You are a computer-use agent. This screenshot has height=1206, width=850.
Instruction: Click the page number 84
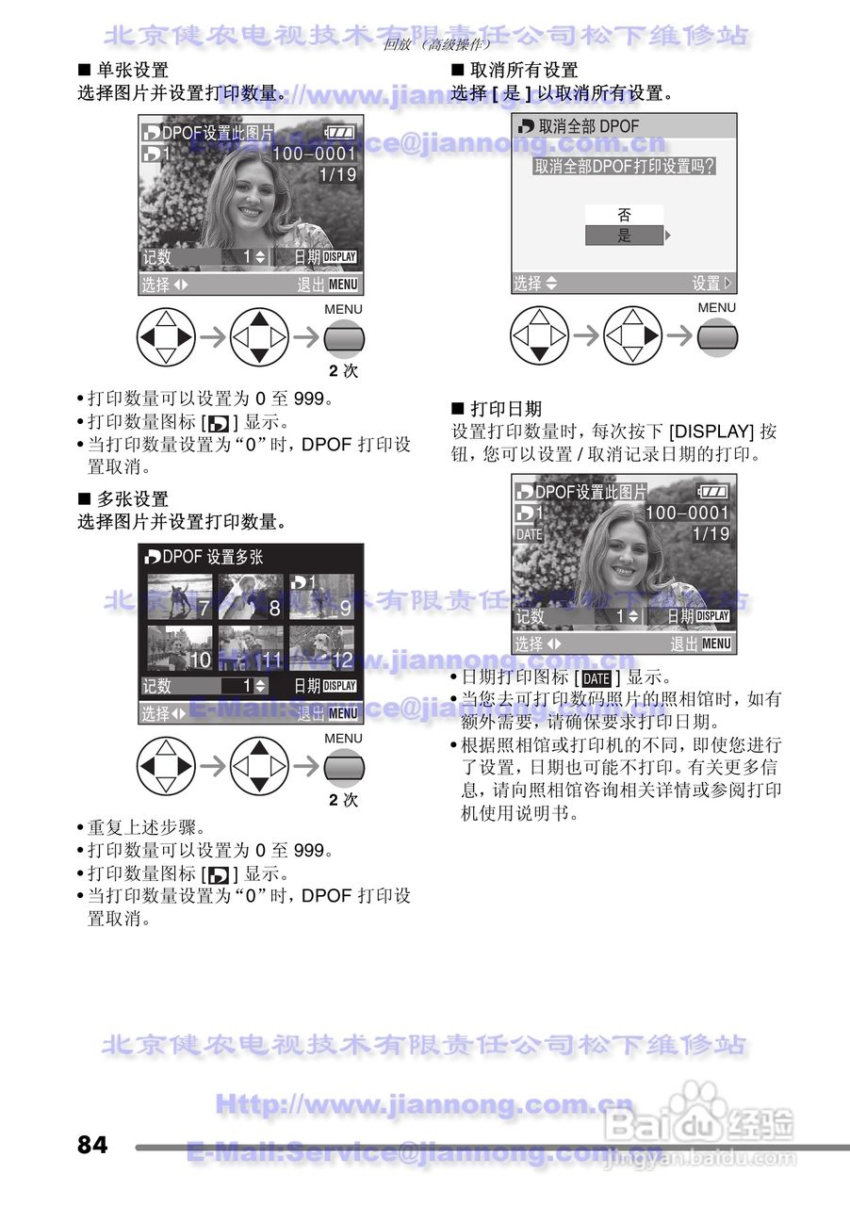92,1145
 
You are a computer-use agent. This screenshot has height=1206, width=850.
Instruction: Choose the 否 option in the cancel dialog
624,215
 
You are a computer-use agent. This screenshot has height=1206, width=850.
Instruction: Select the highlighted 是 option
624,236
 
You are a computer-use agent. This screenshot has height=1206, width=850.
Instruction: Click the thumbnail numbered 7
180,596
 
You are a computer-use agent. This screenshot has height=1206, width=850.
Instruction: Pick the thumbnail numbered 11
251,647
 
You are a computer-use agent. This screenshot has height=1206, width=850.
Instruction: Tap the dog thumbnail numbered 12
322,647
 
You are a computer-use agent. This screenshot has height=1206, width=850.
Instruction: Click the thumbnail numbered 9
322,596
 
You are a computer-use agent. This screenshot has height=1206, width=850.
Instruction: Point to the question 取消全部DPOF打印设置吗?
624,167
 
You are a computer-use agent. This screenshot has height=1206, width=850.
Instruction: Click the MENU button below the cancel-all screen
717,336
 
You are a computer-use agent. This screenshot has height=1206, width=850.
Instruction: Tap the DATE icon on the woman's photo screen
530,534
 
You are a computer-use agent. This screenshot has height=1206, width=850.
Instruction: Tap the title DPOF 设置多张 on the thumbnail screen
212,557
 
